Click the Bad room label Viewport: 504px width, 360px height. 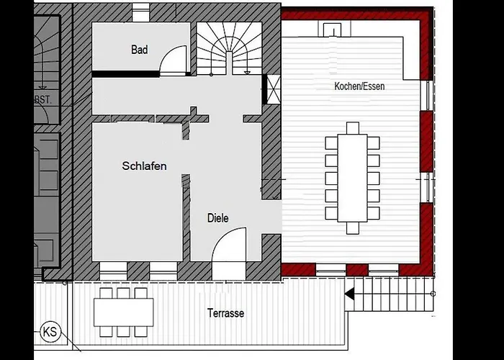[140, 50]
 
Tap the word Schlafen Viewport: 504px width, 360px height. [144, 166]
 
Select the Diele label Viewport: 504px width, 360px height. [218, 218]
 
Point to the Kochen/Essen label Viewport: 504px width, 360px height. [359, 86]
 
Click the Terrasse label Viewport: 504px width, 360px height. [225, 313]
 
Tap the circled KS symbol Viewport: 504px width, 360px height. [50, 331]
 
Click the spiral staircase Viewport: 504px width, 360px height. [229, 48]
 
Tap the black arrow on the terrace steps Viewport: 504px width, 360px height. [350, 294]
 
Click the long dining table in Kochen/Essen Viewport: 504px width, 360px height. [352, 178]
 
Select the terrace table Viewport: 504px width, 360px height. [123, 312]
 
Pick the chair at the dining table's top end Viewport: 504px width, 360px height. [353, 128]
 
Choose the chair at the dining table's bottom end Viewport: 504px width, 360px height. [353, 228]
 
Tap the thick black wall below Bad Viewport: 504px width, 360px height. [126, 74]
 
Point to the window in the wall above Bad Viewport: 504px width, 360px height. [141, 13]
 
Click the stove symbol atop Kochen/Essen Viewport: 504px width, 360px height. [334, 30]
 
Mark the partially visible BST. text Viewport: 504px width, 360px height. [42, 99]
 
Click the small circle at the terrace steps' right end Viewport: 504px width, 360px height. [433, 294]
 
